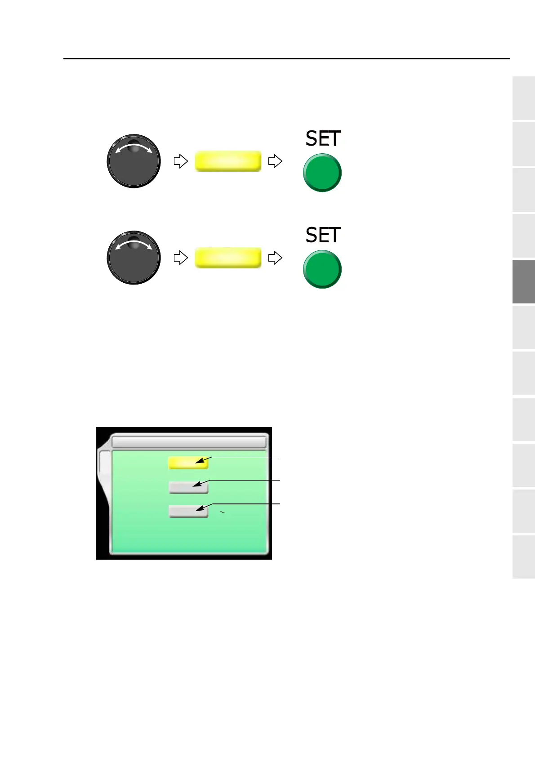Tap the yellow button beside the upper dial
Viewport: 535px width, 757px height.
[x=228, y=161]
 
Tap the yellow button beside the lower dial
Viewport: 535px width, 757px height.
[x=228, y=258]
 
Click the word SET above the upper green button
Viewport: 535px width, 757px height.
[x=323, y=138]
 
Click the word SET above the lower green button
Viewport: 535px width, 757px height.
[x=323, y=235]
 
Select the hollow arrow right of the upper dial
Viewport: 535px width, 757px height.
[x=180, y=161]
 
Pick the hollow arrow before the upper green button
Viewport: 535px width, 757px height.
[x=275, y=161]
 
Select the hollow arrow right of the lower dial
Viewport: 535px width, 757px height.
[x=180, y=258]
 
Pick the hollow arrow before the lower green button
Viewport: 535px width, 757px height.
[x=275, y=258]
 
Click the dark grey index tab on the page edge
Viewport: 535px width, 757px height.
[x=523, y=281]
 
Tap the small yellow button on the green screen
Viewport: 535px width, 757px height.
[x=188, y=463]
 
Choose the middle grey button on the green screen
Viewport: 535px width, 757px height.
[x=188, y=487]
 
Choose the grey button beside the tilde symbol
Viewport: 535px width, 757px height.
[x=188, y=511]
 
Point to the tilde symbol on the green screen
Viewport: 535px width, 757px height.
[x=222, y=512]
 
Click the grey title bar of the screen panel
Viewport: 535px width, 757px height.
[x=189, y=441]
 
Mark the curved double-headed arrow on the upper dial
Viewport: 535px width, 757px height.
[x=134, y=148]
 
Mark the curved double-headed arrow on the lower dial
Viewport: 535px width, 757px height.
[x=134, y=245]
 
